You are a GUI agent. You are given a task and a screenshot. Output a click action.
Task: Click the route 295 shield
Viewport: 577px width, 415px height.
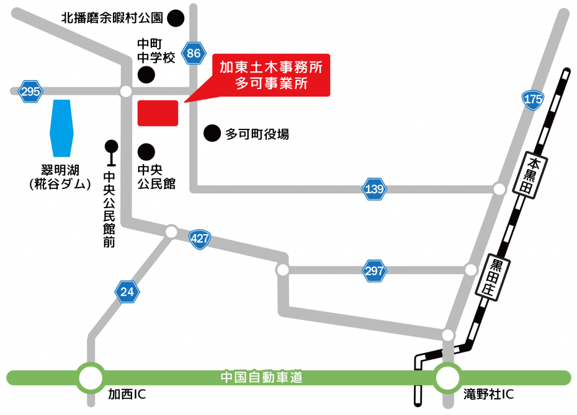click(30, 92)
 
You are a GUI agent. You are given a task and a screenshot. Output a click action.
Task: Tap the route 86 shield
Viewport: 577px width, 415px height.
click(194, 53)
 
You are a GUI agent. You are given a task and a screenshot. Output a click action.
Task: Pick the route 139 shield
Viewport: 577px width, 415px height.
click(375, 189)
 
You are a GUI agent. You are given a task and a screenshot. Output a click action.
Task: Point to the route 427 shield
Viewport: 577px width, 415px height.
click(200, 240)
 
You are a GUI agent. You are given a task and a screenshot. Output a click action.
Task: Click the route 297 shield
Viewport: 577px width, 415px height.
click(375, 270)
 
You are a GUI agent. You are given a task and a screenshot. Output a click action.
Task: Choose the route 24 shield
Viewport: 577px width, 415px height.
click(127, 291)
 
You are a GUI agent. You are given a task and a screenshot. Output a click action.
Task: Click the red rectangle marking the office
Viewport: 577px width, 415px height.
click(158, 113)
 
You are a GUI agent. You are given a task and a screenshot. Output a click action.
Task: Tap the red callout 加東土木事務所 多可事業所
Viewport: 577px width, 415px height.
click(271, 76)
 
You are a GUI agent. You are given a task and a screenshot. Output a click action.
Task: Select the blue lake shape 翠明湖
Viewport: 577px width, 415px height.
click(61, 128)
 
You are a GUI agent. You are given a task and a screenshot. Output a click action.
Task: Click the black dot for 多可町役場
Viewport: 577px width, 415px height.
click(213, 133)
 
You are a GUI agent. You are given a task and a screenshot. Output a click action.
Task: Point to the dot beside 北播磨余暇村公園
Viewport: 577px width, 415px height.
click(176, 18)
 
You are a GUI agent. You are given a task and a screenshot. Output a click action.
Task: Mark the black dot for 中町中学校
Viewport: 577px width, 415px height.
click(146, 76)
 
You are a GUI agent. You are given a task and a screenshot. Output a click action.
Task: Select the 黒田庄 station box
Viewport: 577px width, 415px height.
click(495, 277)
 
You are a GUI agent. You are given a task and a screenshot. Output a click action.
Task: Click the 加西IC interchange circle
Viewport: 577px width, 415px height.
click(91, 377)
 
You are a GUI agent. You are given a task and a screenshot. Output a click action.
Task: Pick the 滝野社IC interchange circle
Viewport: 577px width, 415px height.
click(447, 377)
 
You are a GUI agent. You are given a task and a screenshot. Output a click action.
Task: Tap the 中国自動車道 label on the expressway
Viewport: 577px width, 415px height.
click(262, 377)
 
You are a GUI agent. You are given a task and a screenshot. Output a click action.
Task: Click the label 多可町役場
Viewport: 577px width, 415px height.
click(257, 133)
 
